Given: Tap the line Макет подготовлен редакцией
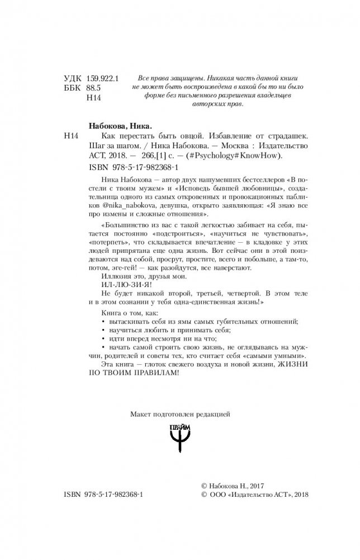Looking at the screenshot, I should [x=180, y=415].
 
